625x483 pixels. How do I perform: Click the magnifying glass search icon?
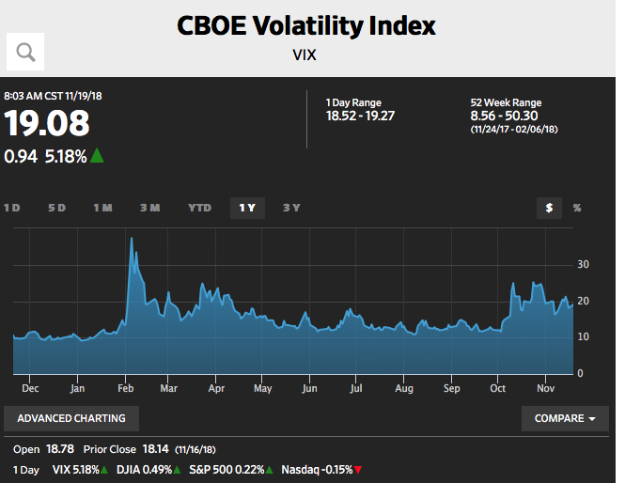pyautogui.click(x=25, y=52)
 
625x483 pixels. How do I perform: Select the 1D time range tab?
pyautogui.click(x=12, y=208)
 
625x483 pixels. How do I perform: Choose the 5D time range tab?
pyautogui.click(x=57, y=208)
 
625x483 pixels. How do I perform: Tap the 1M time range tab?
pyautogui.click(x=102, y=208)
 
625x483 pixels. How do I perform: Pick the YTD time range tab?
pyautogui.click(x=199, y=208)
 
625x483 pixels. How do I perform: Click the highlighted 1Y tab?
pyautogui.click(x=247, y=208)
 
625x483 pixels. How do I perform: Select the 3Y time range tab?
pyautogui.click(x=292, y=208)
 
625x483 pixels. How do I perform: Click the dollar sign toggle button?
pyautogui.click(x=549, y=208)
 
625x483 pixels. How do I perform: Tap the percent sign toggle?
pyautogui.click(x=577, y=208)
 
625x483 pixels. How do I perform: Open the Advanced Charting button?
pyautogui.click(x=71, y=418)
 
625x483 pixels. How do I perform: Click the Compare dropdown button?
pyautogui.click(x=565, y=418)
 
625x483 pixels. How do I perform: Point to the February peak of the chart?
pyautogui.click(x=131, y=239)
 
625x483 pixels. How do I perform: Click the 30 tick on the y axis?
pyautogui.click(x=583, y=265)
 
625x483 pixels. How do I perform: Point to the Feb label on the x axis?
pyautogui.click(x=124, y=387)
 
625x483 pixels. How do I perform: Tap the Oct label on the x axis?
pyautogui.click(x=498, y=387)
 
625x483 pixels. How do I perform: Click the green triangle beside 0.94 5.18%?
pyautogui.click(x=97, y=156)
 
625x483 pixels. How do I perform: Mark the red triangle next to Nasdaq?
pyautogui.click(x=358, y=470)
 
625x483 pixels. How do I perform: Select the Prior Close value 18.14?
pyautogui.click(x=156, y=450)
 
